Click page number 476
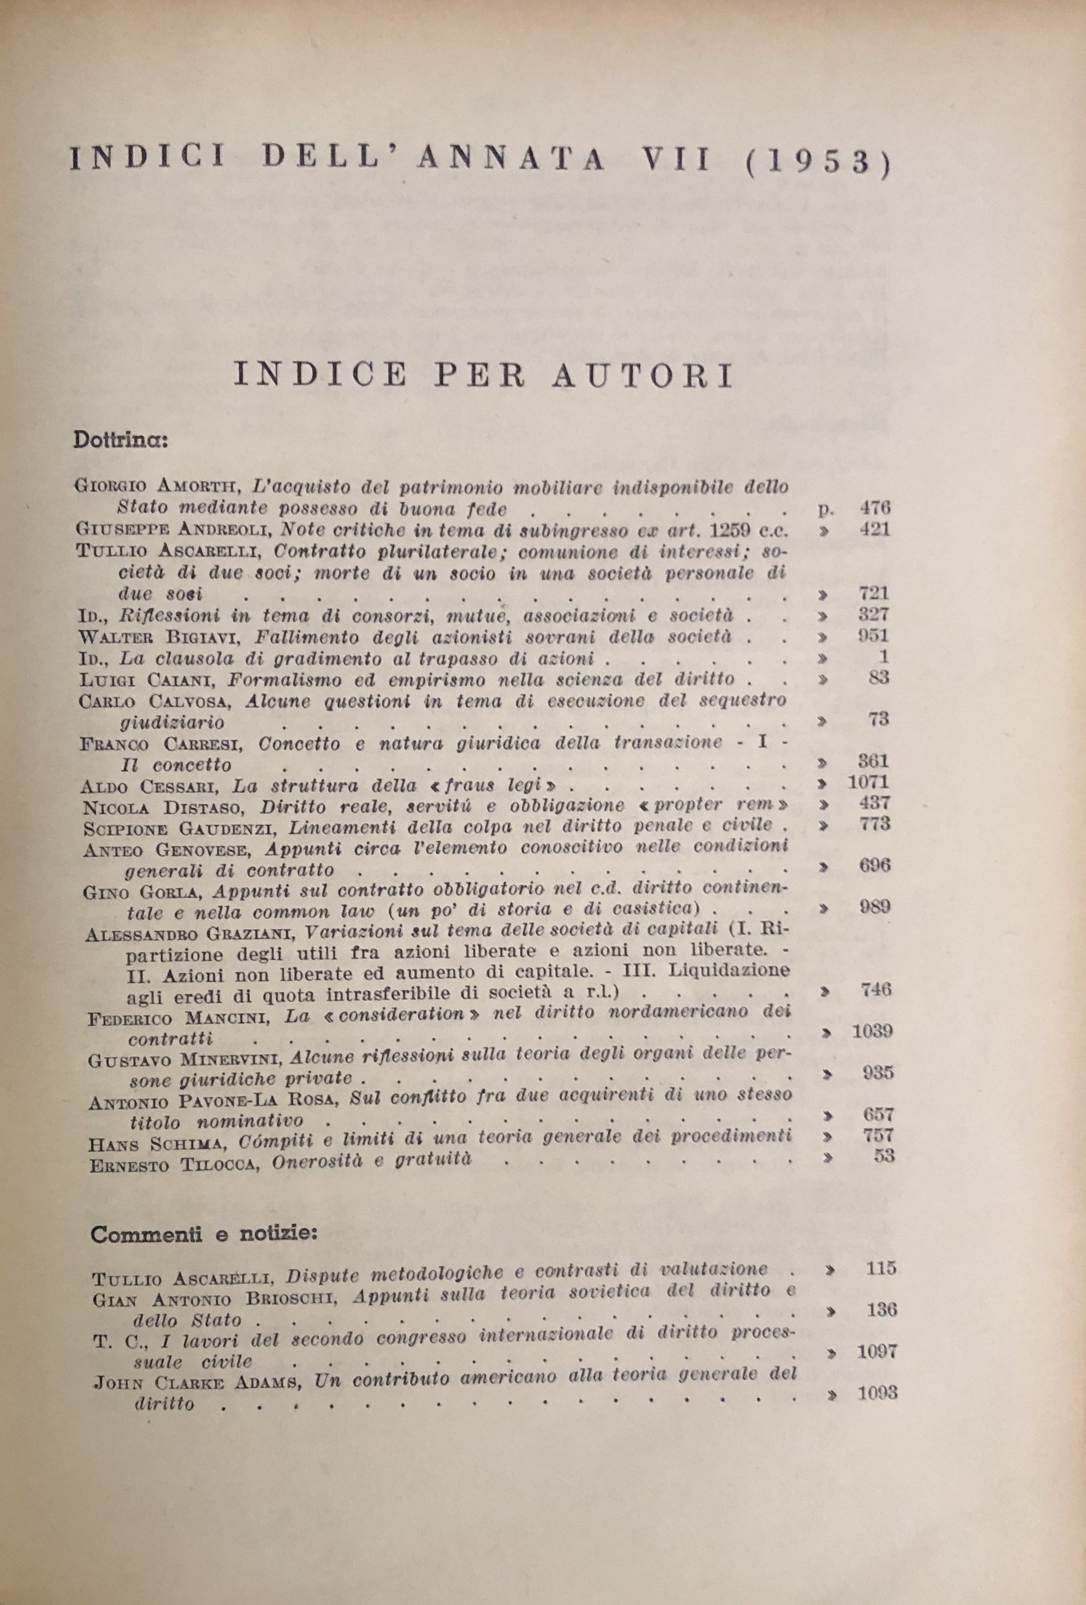click(x=876, y=508)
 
